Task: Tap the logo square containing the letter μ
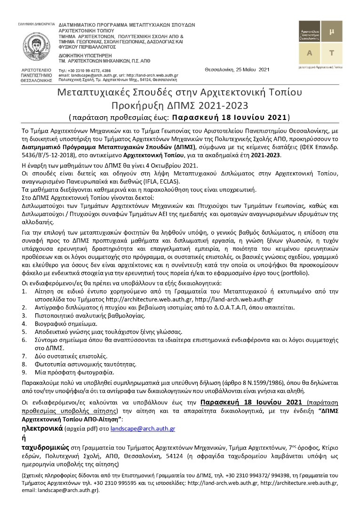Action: click(331, 32)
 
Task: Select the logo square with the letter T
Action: click(331, 53)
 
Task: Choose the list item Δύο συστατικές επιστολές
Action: click(69, 355)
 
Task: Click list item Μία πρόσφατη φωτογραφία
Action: click(67, 372)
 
